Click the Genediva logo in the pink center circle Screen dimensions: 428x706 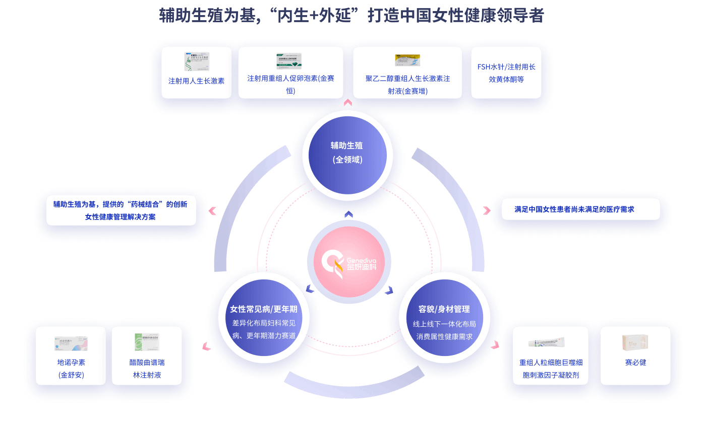349,262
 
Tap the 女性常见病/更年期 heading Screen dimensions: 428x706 263,309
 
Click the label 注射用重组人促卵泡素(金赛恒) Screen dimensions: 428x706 290,84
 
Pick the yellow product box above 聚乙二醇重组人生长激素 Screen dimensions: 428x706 407,60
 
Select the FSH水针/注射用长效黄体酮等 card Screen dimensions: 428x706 506,73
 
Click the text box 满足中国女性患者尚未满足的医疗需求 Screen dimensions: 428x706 580,209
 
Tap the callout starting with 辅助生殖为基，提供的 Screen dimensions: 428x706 121,210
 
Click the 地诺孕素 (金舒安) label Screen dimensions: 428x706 71,368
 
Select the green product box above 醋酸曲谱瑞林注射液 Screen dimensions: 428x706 147,342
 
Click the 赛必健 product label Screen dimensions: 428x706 635,363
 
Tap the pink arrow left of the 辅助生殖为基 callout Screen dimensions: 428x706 212,211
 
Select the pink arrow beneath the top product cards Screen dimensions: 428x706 347,103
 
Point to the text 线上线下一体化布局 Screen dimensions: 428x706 444,324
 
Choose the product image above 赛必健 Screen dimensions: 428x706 635,343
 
